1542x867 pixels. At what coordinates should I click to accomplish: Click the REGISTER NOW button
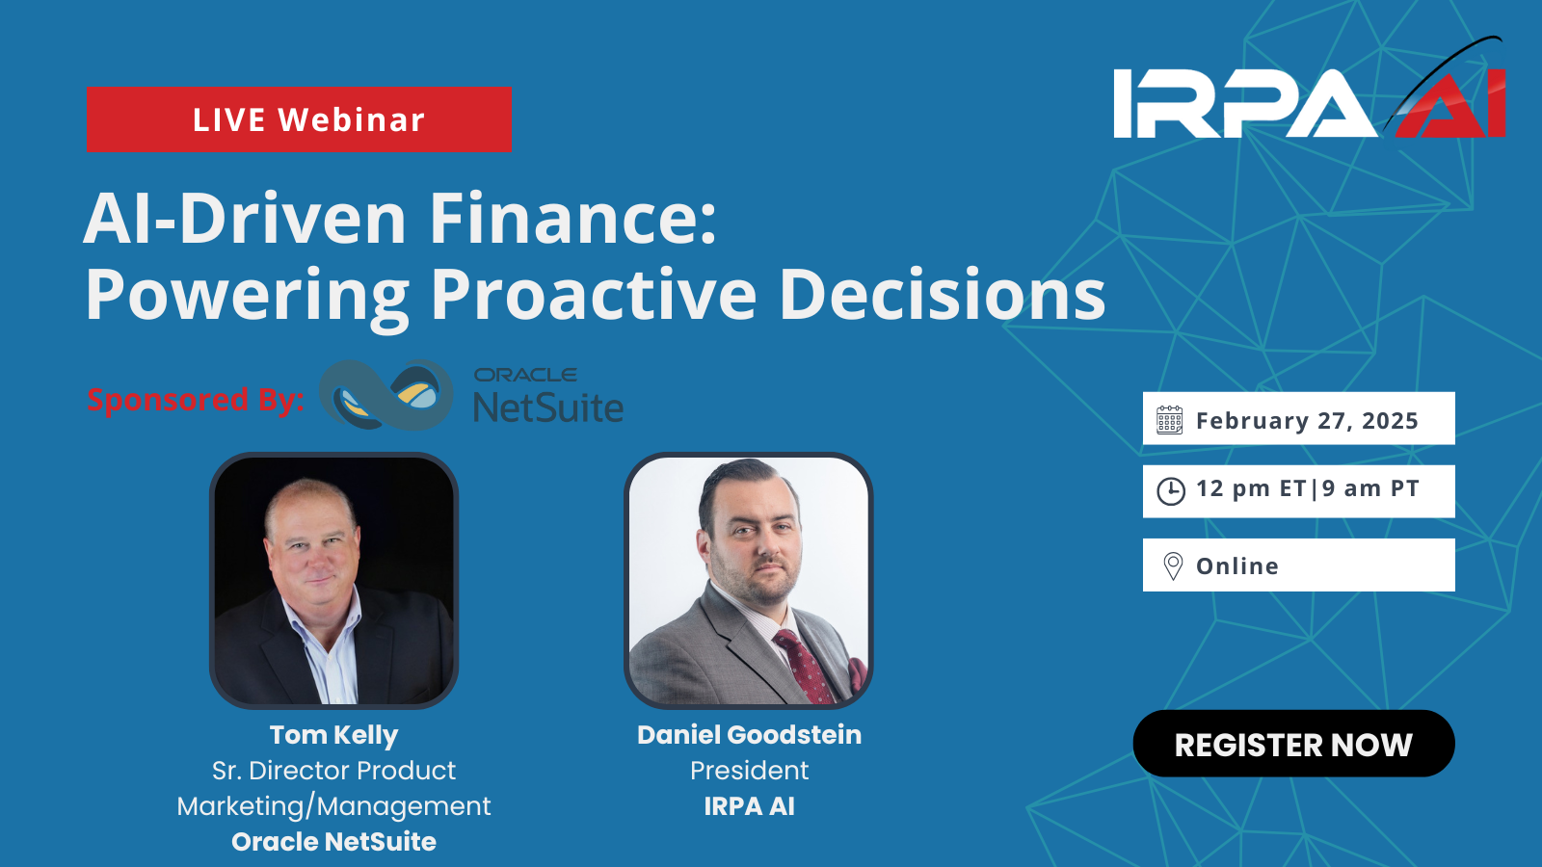pyautogui.click(x=1293, y=744)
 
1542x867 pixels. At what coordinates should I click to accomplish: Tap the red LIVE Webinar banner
pyautogui.click(x=299, y=119)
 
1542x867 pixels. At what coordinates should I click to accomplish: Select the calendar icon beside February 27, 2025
pyautogui.click(x=1170, y=420)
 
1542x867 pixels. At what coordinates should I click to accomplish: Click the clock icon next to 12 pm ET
pyautogui.click(x=1171, y=491)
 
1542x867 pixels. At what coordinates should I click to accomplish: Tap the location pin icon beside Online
pyautogui.click(x=1173, y=566)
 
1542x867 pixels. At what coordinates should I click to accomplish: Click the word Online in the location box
pyautogui.click(x=1237, y=565)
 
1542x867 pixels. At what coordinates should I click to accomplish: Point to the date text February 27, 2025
pyautogui.click(x=1307, y=420)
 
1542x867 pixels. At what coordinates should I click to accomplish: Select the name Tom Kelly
pyautogui.click(x=333, y=736)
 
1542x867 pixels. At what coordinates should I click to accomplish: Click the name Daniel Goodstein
pyautogui.click(x=749, y=735)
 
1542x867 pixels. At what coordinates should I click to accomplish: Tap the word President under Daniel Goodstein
pyautogui.click(x=749, y=771)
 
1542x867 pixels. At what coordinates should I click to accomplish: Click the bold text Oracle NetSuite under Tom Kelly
pyautogui.click(x=333, y=842)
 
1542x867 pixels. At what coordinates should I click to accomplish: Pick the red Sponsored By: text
pyautogui.click(x=196, y=400)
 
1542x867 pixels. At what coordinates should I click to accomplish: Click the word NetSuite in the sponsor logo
pyautogui.click(x=548, y=407)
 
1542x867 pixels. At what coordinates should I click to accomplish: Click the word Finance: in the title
pyautogui.click(x=572, y=219)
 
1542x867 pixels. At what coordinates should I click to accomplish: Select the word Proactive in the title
pyautogui.click(x=594, y=294)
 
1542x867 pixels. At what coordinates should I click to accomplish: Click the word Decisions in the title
pyautogui.click(x=943, y=294)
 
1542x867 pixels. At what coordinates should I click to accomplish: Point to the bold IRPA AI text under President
pyautogui.click(x=749, y=806)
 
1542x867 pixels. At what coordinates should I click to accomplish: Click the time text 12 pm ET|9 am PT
pyautogui.click(x=1307, y=489)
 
